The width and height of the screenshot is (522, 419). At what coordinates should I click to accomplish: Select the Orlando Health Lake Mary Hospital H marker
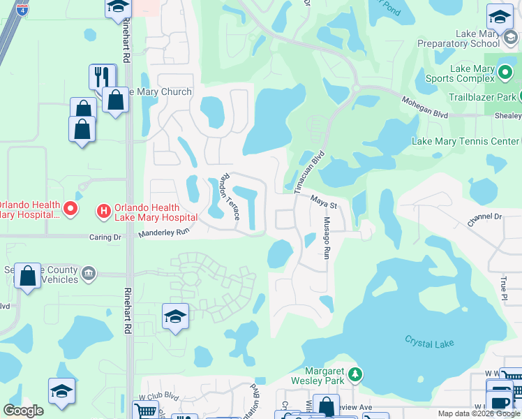(103, 209)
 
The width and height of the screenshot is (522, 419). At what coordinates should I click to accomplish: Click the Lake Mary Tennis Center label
(465, 141)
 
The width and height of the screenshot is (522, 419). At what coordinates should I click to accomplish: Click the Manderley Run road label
(164, 233)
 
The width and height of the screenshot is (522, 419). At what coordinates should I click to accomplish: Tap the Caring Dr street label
(105, 237)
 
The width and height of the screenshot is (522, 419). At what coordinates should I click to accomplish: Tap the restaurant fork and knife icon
(103, 76)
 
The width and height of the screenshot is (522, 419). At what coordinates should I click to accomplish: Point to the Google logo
(23, 410)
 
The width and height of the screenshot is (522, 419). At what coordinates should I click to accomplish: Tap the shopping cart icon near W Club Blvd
(145, 409)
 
